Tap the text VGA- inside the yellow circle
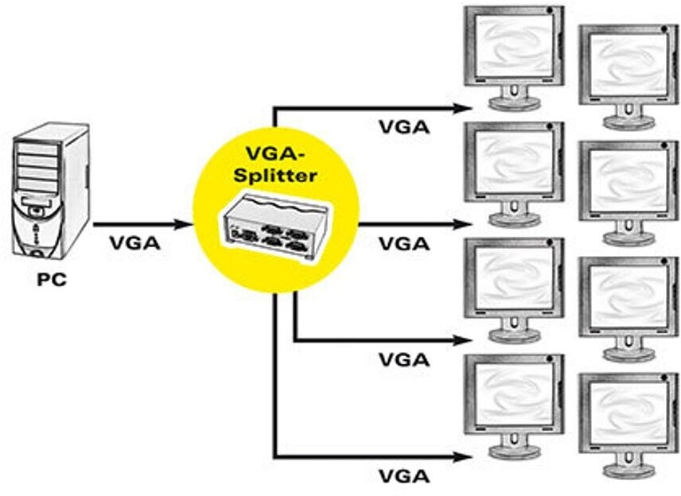pyautogui.click(x=276, y=152)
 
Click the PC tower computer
pyautogui.click(x=49, y=196)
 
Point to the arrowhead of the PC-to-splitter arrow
pyautogui.click(x=188, y=224)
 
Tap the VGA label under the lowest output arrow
pyautogui.click(x=403, y=476)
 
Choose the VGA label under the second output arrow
pyautogui.click(x=403, y=243)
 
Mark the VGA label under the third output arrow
pyautogui.click(x=403, y=359)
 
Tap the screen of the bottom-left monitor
pyautogui.click(x=513, y=397)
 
